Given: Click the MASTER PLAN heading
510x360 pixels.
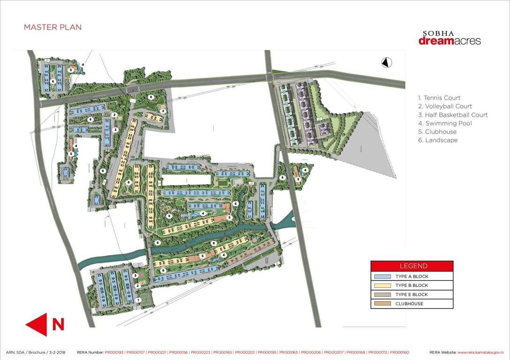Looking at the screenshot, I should pyautogui.click(x=53, y=27).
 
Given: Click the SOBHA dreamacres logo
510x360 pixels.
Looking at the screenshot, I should pyautogui.click(x=449, y=38).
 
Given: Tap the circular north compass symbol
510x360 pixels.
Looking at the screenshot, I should pyautogui.click(x=387, y=62).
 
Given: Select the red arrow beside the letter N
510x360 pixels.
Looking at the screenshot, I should pyautogui.click(x=36, y=324).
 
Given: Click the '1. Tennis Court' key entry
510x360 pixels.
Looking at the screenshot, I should pyautogui.click(x=439, y=98).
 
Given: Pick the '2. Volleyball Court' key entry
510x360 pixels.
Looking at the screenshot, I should pyautogui.click(x=445, y=106).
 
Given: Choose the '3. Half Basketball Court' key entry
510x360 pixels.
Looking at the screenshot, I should pyautogui.click(x=453, y=115).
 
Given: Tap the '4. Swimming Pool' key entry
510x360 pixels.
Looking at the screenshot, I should pyautogui.click(x=445, y=123).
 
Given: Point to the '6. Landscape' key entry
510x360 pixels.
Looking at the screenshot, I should pyautogui.click(x=438, y=140).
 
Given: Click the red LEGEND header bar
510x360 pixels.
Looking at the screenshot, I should pyautogui.click(x=412, y=266).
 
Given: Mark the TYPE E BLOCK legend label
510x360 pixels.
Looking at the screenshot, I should pyautogui.click(x=412, y=295).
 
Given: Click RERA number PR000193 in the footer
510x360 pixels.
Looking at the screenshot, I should pyautogui.click(x=114, y=352).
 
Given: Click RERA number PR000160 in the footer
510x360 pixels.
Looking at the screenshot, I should pyautogui.click(x=399, y=352).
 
